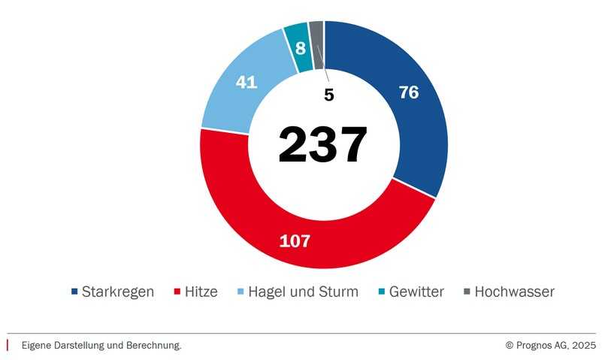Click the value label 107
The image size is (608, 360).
(295, 241)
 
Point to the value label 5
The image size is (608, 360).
(328, 95)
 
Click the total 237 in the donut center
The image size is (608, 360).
(322, 144)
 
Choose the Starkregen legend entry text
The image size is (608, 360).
(118, 292)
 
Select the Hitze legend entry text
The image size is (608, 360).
(201, 292)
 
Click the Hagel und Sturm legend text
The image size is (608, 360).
(303, 292)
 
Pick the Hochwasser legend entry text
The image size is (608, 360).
(514, 292)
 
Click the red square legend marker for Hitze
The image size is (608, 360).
(177, 292)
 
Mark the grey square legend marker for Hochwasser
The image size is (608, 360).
(467, 292)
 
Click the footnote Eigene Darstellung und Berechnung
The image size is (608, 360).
(101, 345)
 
